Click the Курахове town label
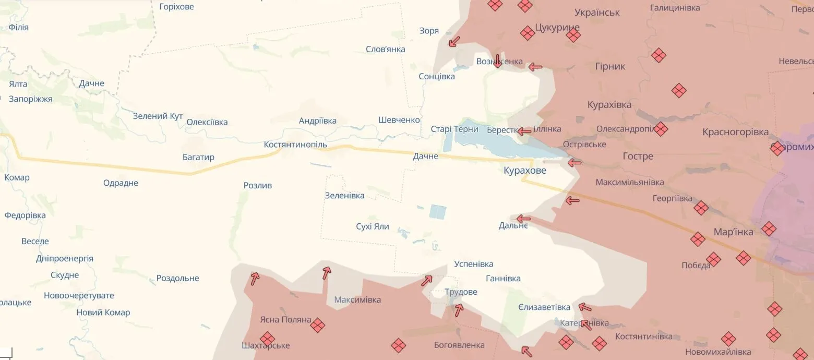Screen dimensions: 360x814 coord(525,171)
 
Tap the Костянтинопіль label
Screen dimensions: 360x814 coord(295,145)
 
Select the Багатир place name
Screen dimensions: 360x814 coord(198,157)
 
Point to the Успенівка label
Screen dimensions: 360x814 coord(473,264)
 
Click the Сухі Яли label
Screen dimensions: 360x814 coord(373,227)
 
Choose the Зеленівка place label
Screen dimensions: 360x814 coord(344,196)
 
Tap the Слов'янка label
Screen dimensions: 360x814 coord(386,49)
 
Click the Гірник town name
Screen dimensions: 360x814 coord(610,66)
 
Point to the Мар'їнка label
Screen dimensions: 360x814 coord(733,232)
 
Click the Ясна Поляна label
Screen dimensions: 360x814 coord(285,320)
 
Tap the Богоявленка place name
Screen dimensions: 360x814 coord(459,345)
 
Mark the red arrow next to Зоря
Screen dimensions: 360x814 coord(454,41)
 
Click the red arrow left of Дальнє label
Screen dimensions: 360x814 coord(523,219)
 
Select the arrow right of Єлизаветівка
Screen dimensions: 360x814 coord(585,307)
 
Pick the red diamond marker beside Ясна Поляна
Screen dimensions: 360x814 coord(317,325)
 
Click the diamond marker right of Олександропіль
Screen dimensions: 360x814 coord(661,129)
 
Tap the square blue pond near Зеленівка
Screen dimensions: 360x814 coord(437,212)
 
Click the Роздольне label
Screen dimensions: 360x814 coord(177,278)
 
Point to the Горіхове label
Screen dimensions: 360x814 coord(176,7)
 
